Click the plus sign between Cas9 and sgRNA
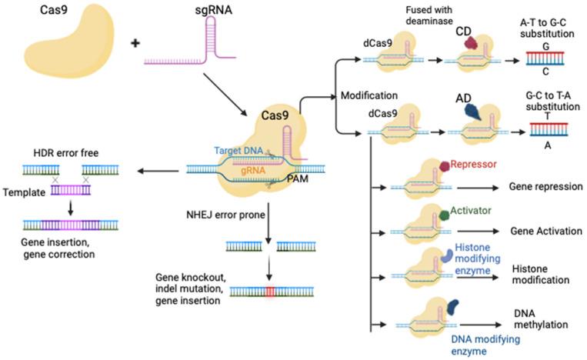click(x=136, y=44)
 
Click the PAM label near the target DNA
click(x=299, y=178)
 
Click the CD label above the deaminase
click(x=462, y=31)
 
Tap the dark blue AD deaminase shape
click(x=472, y=112)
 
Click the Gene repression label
click(x=547, y=186)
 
